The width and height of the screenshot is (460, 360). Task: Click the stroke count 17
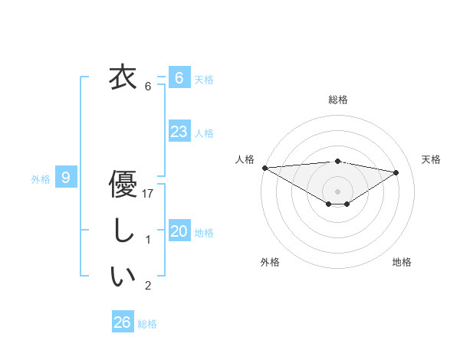[x=149, y=195]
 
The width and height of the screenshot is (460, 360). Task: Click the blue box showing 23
[x=179, y=131]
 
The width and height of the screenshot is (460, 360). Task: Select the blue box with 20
[x=179, y=231]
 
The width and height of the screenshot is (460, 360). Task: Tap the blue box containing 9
[x=66, y=178]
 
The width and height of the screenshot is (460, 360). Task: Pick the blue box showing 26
[x=122, y=322]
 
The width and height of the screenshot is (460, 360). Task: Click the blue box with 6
[x=179, y=77]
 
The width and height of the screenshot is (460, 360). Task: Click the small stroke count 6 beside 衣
[x=148, y=87]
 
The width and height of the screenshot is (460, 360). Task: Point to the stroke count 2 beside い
[x=148, y=286]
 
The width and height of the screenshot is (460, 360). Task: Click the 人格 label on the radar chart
[x=245, y=159]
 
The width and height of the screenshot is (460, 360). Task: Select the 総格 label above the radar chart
[x=338, y=100]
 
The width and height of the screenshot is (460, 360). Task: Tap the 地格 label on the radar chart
[x=402, y=262]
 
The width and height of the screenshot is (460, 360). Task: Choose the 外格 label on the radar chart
[x=270, y=262]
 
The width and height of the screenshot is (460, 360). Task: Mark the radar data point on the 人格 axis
[x=264, y=167]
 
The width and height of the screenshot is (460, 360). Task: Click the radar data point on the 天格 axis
[x=396, y=172]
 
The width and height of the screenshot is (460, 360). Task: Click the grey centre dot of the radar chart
[x=337, y=191]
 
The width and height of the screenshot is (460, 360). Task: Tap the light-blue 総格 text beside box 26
[x=148, y=324]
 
